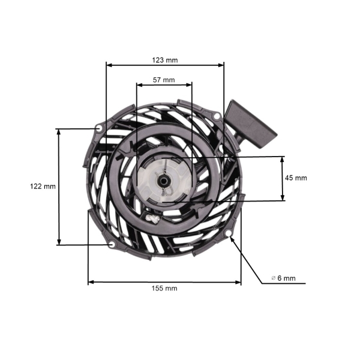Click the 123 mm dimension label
pyautogui.click(x=164, y=60)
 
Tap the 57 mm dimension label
pyautogui.click(x=164, y=80)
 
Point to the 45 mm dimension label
pyautogui.click(x=295, y=178)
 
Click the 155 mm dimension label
pyautogui.click(x=164, y=288)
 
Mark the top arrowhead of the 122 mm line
pyautogui.click(x=59, y=131)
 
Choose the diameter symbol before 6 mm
pyautogui.click(x=274, y=278)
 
